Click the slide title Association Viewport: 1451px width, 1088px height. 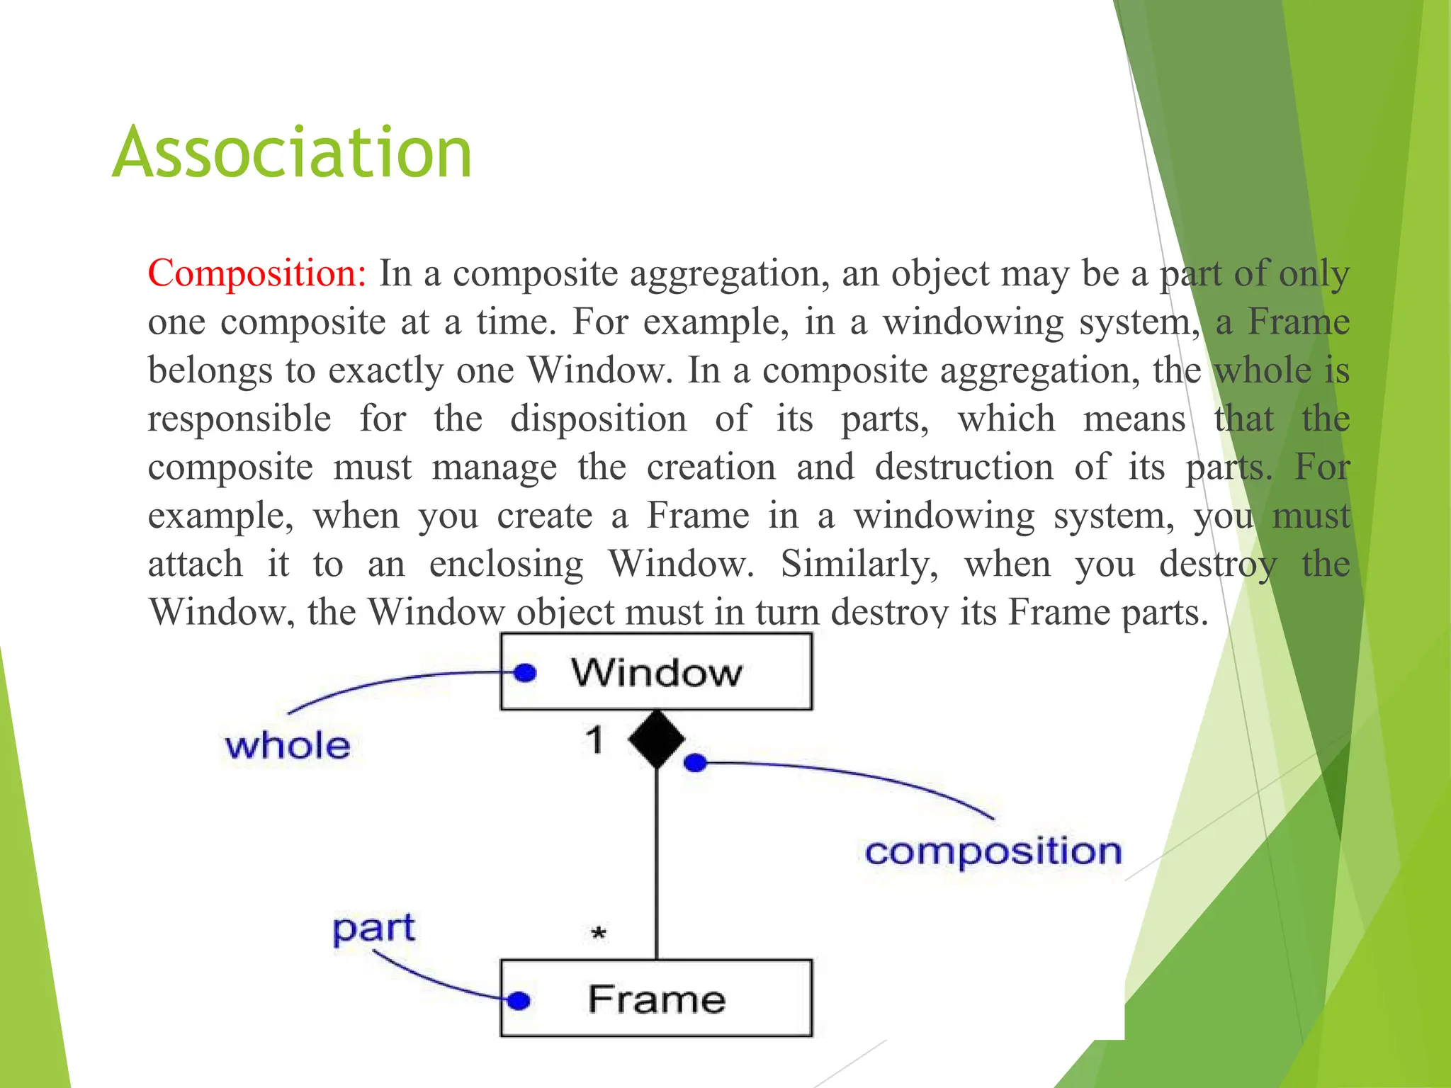coord(292,152)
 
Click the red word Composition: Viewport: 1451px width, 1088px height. coord(256,273)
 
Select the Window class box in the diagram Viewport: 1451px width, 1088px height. coord(656,671)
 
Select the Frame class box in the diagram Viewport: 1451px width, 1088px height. coord(656,999)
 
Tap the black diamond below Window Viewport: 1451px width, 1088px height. coord(657,739)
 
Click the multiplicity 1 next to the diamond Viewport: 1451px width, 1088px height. coord(595,740)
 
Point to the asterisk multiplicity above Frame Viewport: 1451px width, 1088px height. coord(599,934)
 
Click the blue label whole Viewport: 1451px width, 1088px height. coord(288,746)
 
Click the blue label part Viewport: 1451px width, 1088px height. coord(373,929)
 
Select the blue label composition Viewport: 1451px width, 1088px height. coord(993,851)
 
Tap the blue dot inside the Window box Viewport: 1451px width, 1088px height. coord(525,672)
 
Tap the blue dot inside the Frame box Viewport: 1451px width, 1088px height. coord(519,1000)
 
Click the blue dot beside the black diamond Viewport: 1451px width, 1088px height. coord(696,763)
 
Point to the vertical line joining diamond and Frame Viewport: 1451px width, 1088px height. coord(657,864)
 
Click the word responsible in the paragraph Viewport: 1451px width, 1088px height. coord(239,419)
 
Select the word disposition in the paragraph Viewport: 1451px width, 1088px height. coord(598,419)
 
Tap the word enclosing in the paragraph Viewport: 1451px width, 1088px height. coord(506,564)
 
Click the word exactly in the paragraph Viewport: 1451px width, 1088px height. coord(385,370)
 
